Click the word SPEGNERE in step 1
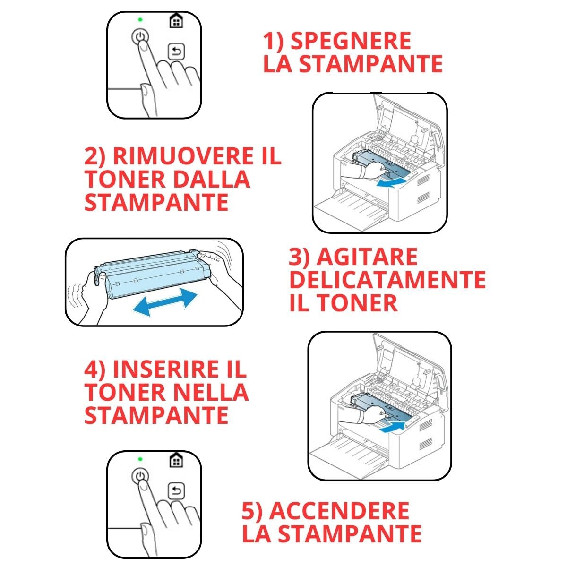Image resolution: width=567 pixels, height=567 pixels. click(350, 41)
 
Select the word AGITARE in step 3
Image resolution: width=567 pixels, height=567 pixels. click(367, 258)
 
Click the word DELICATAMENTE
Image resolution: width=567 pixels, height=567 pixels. click(387, 280)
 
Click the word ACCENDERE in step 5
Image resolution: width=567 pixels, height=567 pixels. click(339, 511)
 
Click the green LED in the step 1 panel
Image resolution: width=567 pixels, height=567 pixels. click(140, 20)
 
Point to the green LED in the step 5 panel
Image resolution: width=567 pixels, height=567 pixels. click(140, 459)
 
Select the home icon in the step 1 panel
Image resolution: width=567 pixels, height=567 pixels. click(176, 21)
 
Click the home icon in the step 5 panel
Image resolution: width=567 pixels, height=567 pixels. click(176, 460)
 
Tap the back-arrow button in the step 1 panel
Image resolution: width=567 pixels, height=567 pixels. click(177, 52)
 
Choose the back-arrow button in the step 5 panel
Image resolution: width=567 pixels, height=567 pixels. click(177, 491)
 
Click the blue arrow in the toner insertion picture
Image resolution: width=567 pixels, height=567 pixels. click(392, 427)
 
